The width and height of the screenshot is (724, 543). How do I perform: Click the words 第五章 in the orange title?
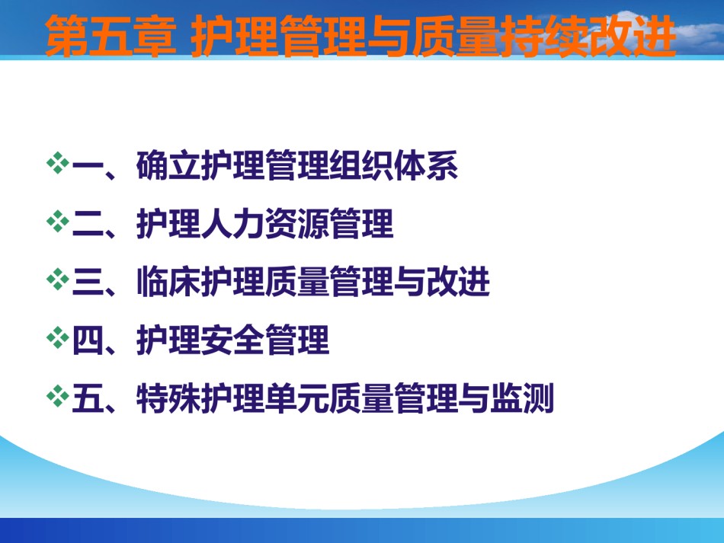tap(111, 36)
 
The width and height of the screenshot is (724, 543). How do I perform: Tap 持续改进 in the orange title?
tap(588, 36)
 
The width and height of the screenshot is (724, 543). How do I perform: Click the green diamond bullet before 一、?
tap(58, 163)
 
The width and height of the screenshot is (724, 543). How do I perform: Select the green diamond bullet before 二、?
tap(58, 222)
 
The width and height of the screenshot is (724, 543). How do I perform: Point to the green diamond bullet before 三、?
tap(58, 279)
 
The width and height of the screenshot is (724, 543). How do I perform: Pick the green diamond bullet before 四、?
tap(58, 337)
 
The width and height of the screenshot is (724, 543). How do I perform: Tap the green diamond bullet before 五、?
tap(58, 396)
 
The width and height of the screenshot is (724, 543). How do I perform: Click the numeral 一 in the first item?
tap(88, 165)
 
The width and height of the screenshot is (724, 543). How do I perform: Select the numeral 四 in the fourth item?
tap(88, 340)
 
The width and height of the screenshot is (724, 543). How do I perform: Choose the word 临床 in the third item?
tap(168, 282)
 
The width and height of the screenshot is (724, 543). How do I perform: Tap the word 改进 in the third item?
tap(457, 282)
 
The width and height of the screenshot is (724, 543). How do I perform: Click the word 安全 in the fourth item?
tap(233, 340)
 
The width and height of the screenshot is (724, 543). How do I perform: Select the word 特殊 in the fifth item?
tap(168, 398)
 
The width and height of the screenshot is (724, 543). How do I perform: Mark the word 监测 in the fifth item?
tap(522, 398)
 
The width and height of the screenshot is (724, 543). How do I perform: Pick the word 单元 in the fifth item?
tap(297, 398)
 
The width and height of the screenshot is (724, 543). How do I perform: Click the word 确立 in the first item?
tap(168, 165)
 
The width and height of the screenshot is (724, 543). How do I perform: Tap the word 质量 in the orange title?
tap(457, 36)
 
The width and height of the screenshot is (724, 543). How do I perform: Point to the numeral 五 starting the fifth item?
tap(88, 398)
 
